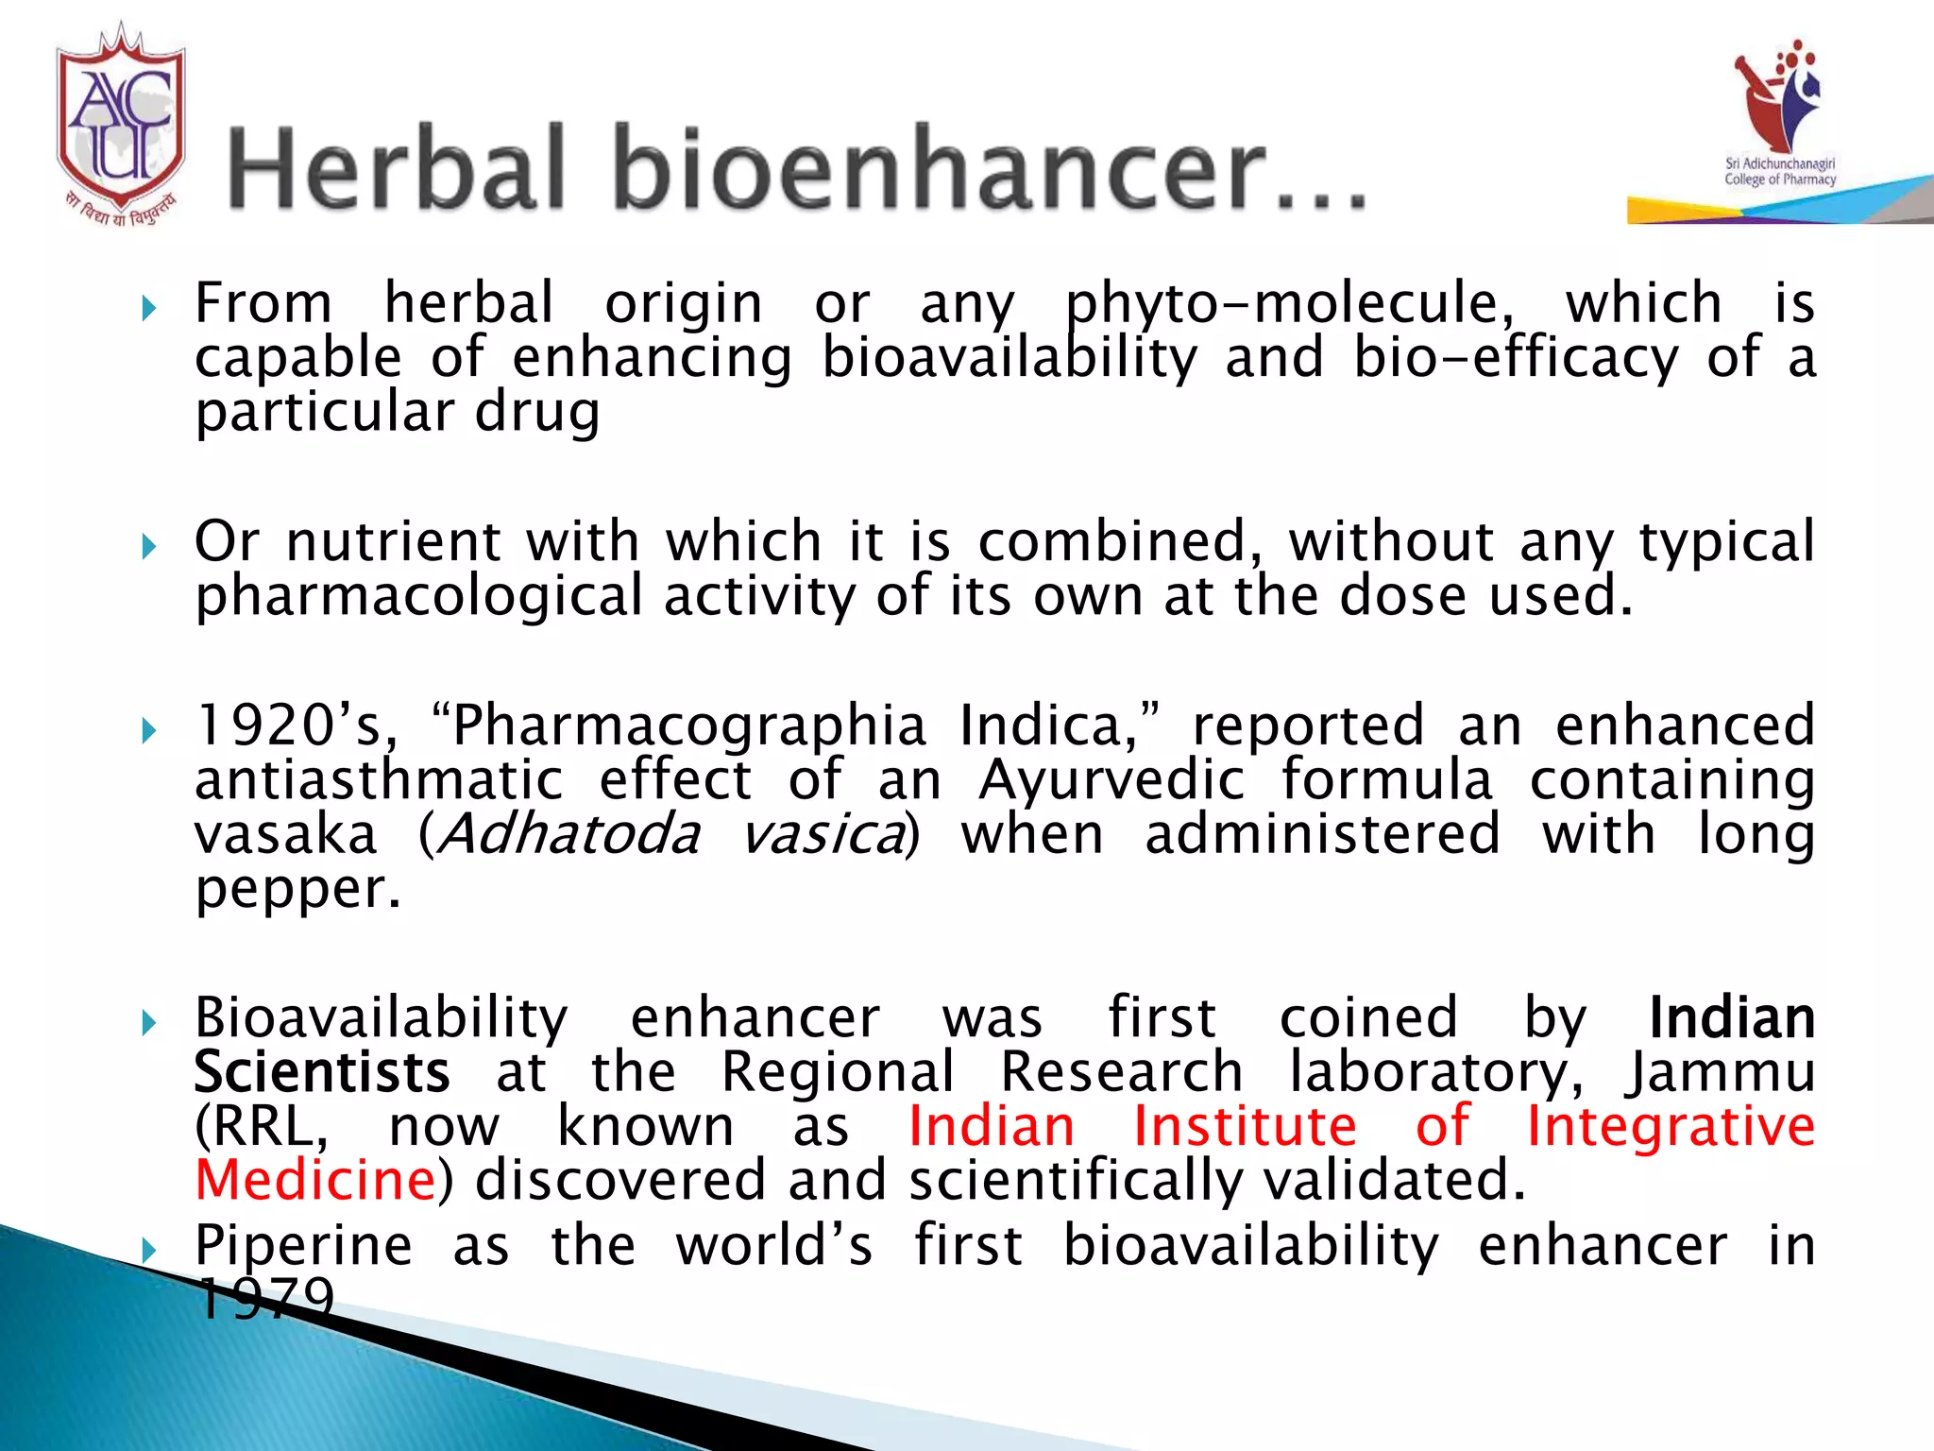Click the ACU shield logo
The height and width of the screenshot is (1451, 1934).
coord(120,118)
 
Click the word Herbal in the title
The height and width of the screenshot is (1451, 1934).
coord(397,168)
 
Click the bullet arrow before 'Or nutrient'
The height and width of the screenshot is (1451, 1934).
coord(148,546)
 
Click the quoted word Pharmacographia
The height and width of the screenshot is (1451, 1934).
coord(689,725)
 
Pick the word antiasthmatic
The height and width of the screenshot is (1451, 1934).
coord(379,780)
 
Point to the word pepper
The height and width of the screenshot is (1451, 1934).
coord(297,890)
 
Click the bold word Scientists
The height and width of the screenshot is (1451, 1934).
coord(322,1073)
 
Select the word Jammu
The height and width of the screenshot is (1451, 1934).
coord(1719,1073)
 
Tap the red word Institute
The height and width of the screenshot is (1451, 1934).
coord(1245,1127)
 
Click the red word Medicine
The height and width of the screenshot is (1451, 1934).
coord(315,1181)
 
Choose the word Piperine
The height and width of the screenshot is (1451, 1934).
coord(303,1245)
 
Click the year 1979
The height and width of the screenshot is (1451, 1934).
coord(266,1299)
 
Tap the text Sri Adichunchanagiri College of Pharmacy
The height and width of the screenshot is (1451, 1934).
coord(1780,172)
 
